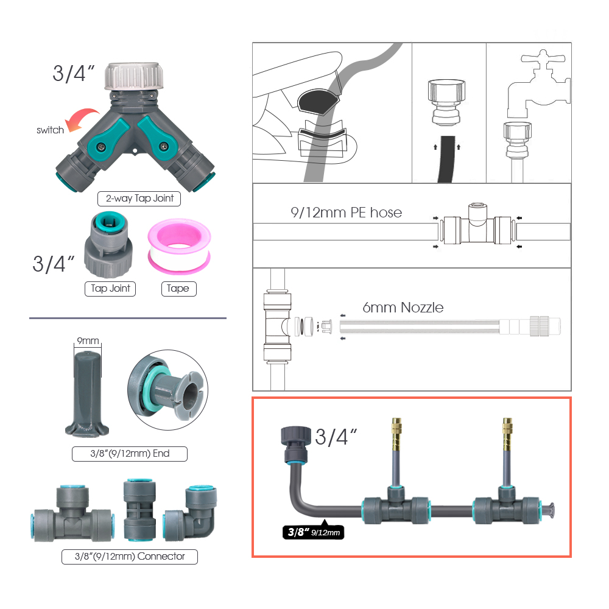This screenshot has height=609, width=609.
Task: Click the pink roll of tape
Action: pyautogui.click(x=178, y=249)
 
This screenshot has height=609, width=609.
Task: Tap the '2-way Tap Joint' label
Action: pyautogui.click(x=140, y=198)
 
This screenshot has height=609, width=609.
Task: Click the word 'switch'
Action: pyautogui.click(x=50, y=130)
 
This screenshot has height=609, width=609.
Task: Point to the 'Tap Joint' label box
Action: pyautogui.click(x=110, y=288)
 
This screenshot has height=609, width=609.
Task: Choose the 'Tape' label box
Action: pyautogui.click(x=178, y=288)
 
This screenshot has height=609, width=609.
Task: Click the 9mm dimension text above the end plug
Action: pyautogui.click(x=86, y=341)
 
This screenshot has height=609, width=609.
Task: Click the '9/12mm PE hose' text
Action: pyautogui.click(x=346, y=213)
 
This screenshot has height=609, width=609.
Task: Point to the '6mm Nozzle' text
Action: pyautogui.click(x=403, y=308)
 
